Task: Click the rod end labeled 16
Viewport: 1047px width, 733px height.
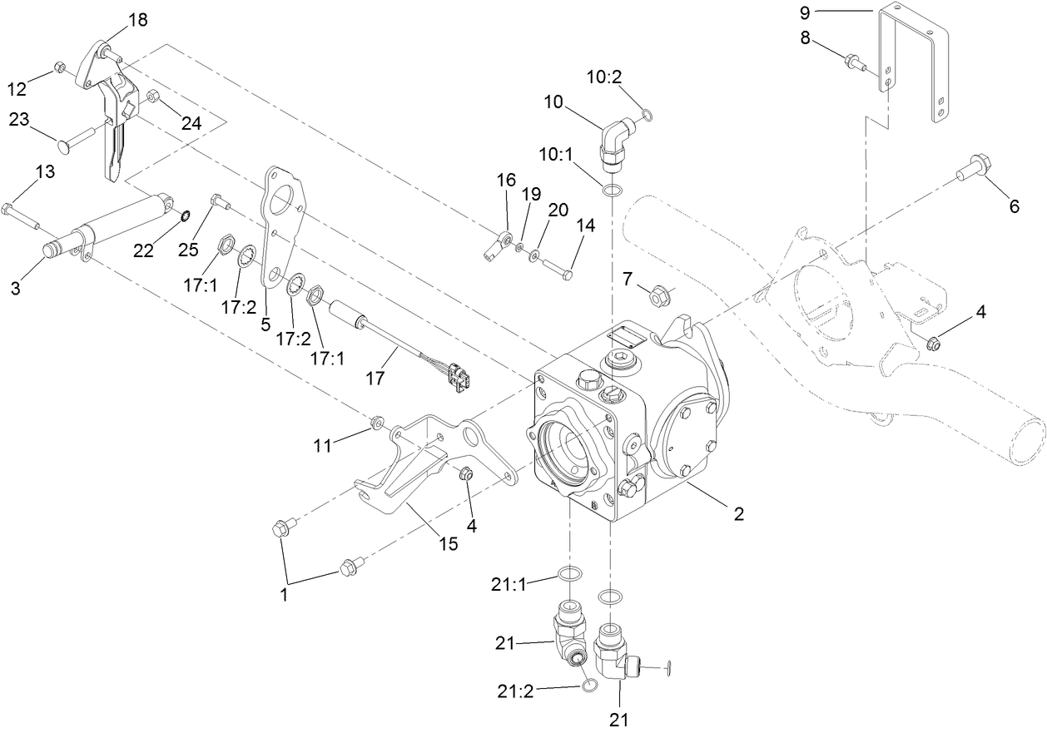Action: tap(498, 245)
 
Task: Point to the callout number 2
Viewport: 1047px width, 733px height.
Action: tap(737, 514)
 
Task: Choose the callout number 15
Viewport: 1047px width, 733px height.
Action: tap(448, 543)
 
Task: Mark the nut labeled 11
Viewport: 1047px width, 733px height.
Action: tap(377, 423)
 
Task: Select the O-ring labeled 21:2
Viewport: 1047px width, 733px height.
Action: tap(589, 685)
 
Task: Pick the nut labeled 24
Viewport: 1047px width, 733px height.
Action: tap(153, 97)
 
